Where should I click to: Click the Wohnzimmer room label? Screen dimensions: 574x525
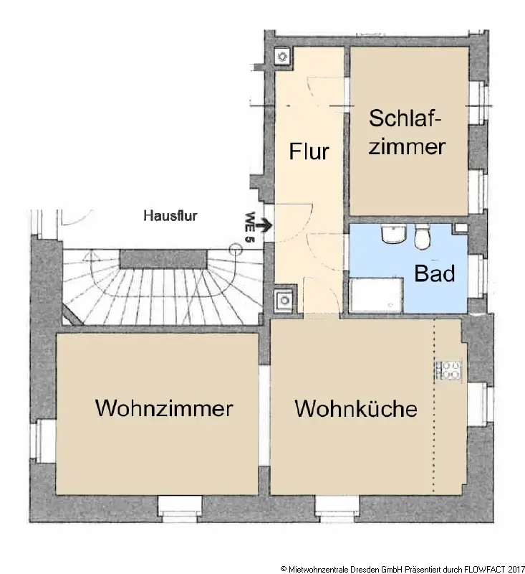pyautogui.click(x=164, y=408)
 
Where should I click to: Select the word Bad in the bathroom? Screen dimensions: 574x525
pyautogui.click(x=434, y=273)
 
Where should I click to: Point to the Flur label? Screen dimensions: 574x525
pyautogui.click(x=309, y=152)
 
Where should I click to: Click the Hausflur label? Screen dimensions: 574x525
pyautogui.click(x=170, y=215)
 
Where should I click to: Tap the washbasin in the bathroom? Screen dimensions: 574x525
pyautogui.click(x=392, y=234)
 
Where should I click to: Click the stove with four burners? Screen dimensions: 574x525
pyautogui.click(x=450, y=370)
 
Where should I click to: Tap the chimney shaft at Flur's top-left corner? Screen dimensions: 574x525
pyautogui.click(x=281, y=56)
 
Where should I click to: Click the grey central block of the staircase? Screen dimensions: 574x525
pyautogui.click(x=160, y=258)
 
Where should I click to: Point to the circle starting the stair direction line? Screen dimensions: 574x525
pyautogui.click(x=233, y=248)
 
